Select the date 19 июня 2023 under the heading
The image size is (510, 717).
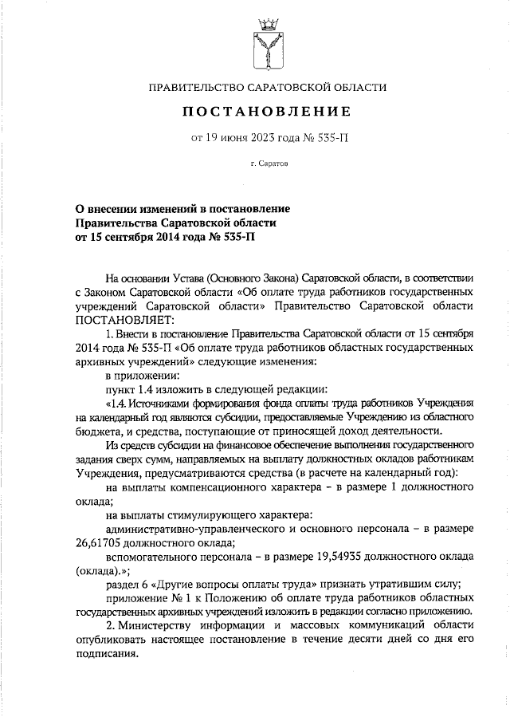pos(245,136)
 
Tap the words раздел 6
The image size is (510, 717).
pos(127,585)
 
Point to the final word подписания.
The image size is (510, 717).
pos(111,653)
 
